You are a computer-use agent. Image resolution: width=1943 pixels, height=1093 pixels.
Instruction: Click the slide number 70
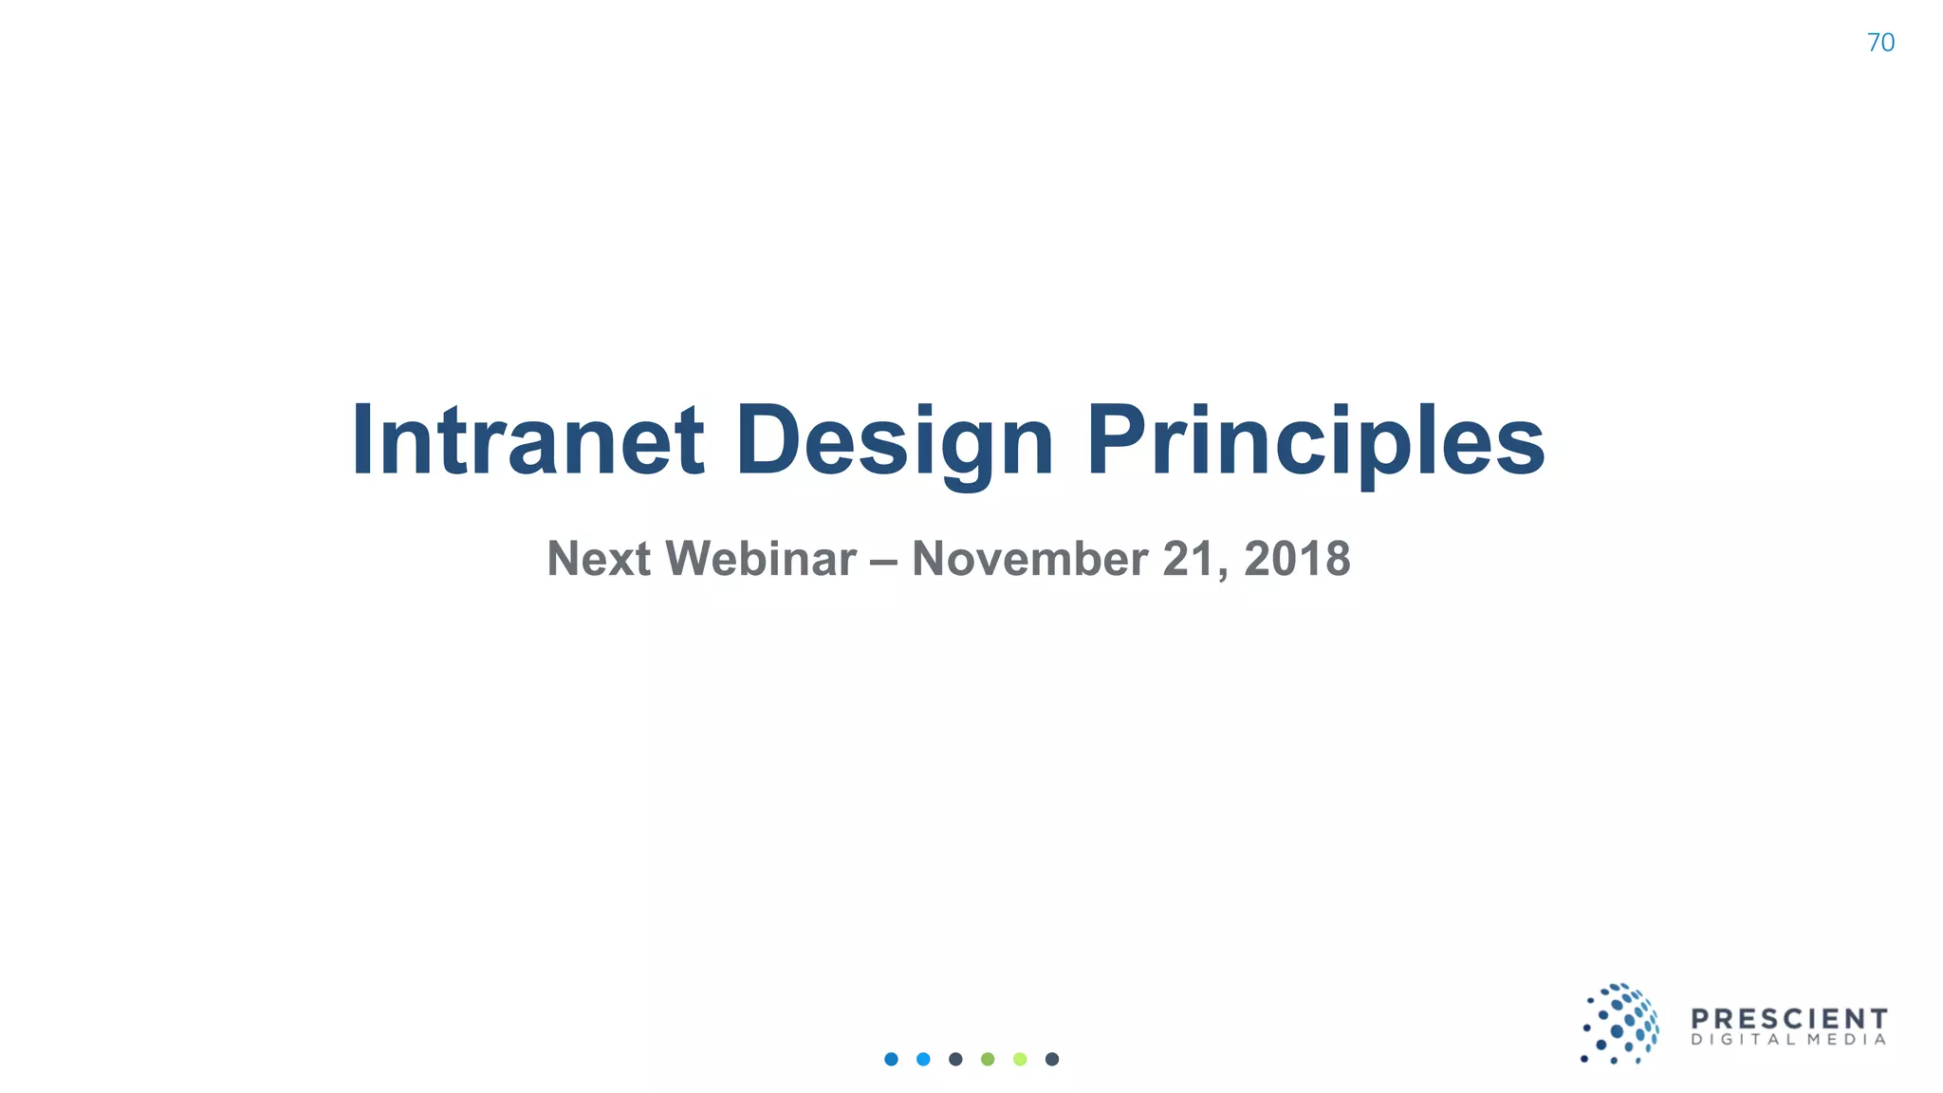[1879, 43]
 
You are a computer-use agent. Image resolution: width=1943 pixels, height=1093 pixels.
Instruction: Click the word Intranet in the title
[527, 440]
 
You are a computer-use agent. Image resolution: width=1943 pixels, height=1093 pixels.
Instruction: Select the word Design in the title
[894, 440]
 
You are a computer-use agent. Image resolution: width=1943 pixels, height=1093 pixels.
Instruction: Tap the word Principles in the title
[1315, 440]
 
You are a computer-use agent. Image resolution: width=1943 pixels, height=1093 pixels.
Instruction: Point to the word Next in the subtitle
[599, 558]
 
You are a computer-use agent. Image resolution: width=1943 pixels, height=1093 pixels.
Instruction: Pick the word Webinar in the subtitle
[761, 558]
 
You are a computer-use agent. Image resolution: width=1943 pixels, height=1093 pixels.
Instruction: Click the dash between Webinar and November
[883, 560]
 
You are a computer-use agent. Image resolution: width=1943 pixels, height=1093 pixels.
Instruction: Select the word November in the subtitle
[1029, 558]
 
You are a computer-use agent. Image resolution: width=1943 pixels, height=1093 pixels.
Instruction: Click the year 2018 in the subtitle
[1297, 558]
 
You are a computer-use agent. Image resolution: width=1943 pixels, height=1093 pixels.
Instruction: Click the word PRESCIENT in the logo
[1789, 1019]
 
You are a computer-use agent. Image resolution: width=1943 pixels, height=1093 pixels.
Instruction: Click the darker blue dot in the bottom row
[891, 1059]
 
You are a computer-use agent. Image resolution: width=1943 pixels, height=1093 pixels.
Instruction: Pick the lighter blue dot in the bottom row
[923, 1059]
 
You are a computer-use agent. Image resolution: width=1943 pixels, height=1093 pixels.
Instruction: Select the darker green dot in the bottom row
[988, 1059]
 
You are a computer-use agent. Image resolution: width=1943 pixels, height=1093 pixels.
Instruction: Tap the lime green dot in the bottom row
[1020, 1059]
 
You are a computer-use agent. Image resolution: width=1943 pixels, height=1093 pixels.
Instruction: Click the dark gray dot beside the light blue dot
[955, 1059]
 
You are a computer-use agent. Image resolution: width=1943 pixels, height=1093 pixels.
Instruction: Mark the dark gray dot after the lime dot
[1052, 1059]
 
